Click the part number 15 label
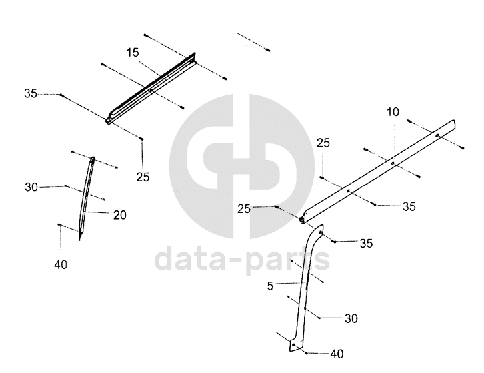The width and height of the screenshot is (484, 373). point(133,52)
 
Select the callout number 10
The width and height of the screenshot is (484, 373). point(393,113)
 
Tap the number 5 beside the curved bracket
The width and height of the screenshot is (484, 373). point(269,287)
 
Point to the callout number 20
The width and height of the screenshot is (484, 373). point(119,215)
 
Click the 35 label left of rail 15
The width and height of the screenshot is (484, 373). point(31,93)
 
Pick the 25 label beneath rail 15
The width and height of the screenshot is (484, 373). point(142,177)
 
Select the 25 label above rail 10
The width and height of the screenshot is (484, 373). point(323,143)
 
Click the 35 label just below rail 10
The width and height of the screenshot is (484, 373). point(409,207)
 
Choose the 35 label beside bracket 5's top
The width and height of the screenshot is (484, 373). point(366,244)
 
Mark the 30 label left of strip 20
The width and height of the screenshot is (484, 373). point(31,187)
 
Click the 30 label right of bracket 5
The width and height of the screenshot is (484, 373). point(351,319)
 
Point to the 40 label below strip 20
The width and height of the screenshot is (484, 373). point(60,264)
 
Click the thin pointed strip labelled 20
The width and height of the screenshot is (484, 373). point(87,196)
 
